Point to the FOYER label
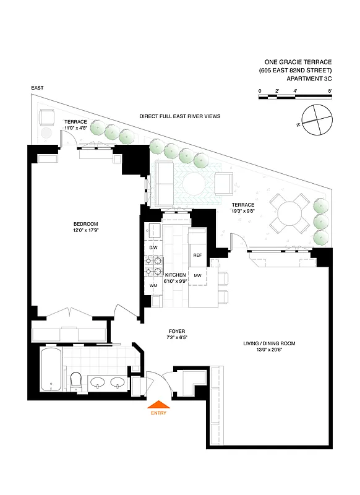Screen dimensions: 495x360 (x=176, y=332)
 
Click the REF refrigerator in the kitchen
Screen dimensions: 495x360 (x=197, y=255)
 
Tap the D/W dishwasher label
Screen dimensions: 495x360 (x=153, y=248)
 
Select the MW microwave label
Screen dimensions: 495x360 (x=198, y=275)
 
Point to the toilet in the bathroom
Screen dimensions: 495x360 (x=75, y=381)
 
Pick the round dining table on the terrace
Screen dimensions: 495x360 (x=291, y=215)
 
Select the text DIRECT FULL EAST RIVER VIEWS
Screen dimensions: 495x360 (x=179, y=116)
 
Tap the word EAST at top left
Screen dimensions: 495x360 (x=38, y=89)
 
